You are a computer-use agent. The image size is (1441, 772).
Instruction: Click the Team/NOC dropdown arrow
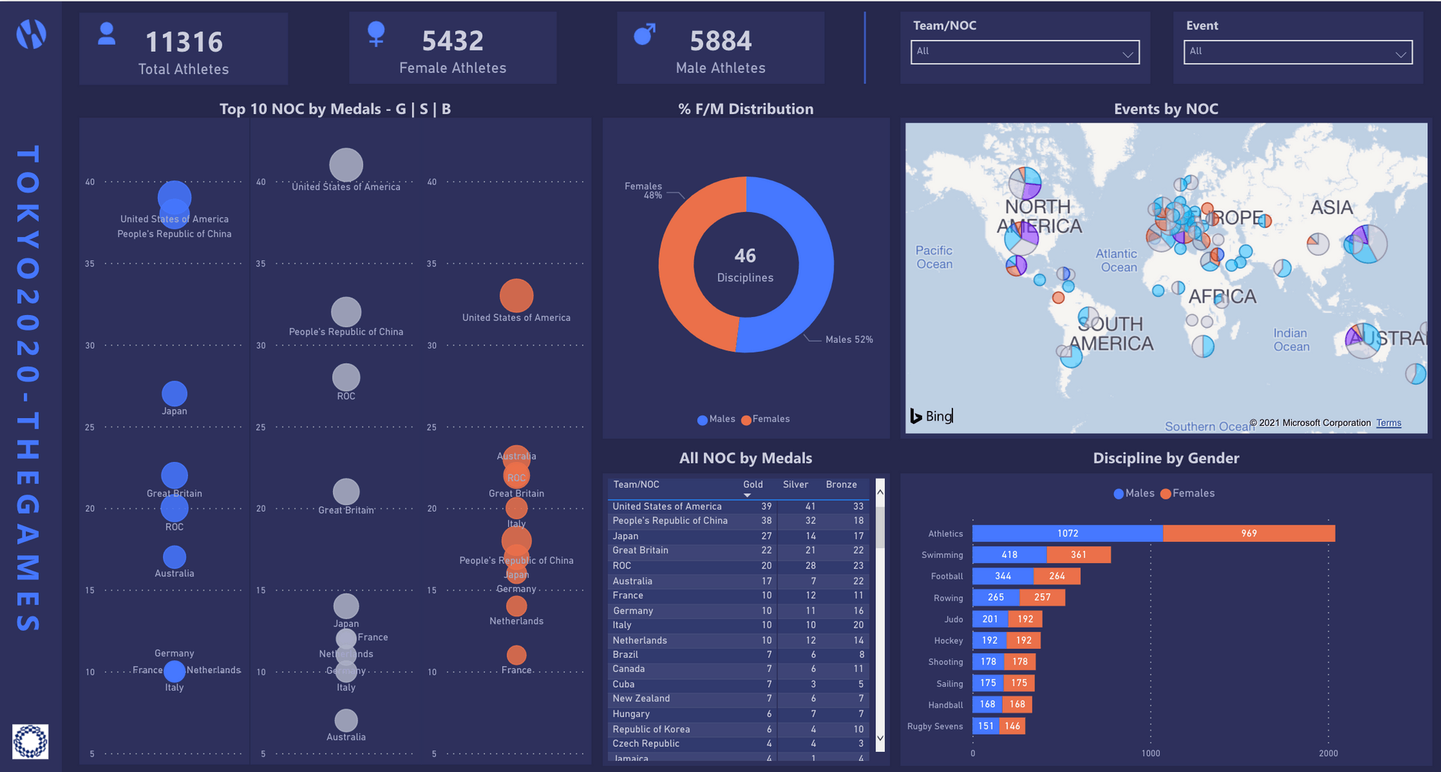1128,53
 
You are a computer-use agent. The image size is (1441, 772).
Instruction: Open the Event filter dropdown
1297,52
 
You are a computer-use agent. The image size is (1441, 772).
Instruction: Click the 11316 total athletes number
184,42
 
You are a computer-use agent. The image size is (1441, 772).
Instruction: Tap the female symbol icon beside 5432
376,33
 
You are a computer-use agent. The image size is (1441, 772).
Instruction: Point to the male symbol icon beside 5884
644,34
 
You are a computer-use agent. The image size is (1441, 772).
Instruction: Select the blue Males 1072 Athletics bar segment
1067,533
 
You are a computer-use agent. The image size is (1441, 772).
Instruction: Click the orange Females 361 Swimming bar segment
1078,555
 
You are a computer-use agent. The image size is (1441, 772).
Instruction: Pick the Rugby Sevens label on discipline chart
934,727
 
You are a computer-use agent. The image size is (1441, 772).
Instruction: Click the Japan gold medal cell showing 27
766,536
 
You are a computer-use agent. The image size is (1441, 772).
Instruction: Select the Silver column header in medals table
795,485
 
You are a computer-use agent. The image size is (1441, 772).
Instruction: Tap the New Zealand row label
641,698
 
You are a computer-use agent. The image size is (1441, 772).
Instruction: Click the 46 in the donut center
745,256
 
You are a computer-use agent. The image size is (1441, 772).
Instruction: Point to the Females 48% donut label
643,190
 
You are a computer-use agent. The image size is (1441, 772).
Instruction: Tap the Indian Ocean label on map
1290,340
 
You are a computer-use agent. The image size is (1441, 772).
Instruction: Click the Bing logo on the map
932,416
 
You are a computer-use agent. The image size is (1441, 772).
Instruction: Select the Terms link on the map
1388,423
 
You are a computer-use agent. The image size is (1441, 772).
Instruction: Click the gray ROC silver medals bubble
346,377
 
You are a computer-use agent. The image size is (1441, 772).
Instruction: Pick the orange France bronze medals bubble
516,655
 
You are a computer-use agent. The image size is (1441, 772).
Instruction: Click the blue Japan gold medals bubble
174,394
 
